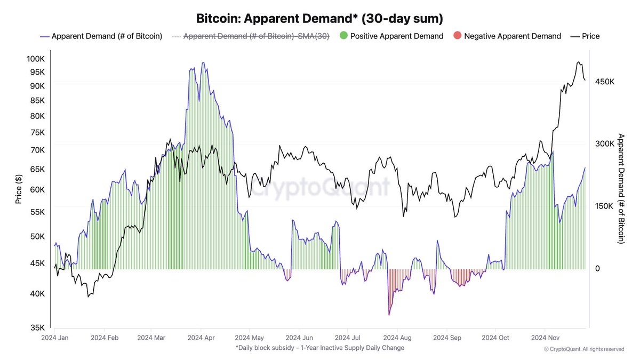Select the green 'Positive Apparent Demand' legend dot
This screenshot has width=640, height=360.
coord(343,36)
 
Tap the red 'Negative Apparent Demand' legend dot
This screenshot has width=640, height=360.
coord(457,36)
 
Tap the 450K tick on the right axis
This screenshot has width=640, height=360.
coord(605,82)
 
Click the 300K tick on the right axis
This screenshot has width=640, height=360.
coord(605,144)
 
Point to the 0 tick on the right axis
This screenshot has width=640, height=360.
coord(597,269)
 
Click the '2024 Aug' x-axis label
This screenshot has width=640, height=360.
coord(397,338)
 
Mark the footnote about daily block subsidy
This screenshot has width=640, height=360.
coord(319,348)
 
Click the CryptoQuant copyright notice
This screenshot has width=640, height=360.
coord(583,349)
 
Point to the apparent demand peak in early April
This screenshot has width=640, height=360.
coord(203,63)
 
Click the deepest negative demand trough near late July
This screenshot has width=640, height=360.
coord(389,314)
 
